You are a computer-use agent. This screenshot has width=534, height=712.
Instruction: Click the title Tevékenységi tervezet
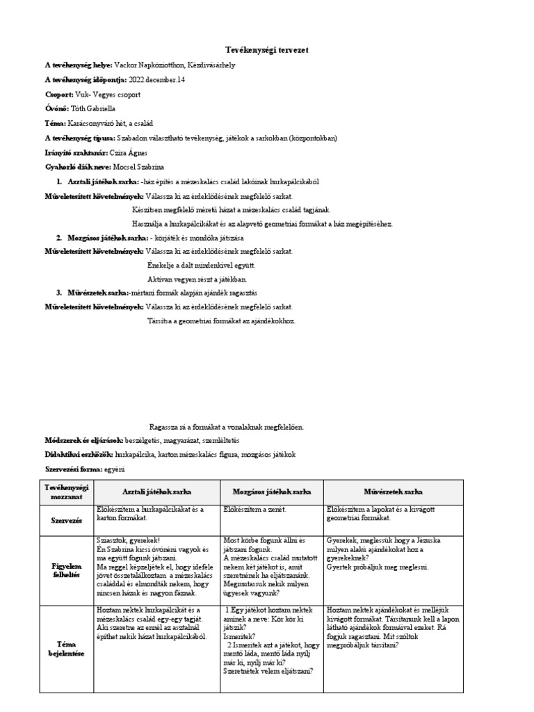point(267,50)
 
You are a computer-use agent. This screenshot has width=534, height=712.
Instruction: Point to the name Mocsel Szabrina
point(138,168)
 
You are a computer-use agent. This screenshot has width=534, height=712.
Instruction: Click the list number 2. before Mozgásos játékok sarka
point(60,238)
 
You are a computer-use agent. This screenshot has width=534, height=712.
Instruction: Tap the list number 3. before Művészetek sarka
point(60,293)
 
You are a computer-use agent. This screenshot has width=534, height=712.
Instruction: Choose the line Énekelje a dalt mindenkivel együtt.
point(202,265)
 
